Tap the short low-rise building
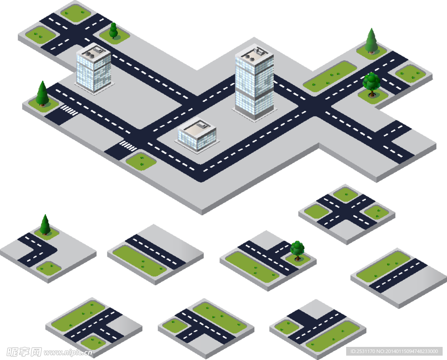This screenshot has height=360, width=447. click(197, 135)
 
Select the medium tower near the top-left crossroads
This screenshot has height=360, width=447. click(94, 70)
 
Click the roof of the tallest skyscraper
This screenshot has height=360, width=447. click(254, 55)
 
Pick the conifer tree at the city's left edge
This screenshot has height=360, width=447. click(42, 94)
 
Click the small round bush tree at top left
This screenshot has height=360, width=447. click(113, 31)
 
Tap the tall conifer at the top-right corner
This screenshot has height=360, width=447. click(371, 41)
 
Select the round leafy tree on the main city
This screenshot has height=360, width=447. click(371, 83)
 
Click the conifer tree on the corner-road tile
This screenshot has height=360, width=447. click(45, 225)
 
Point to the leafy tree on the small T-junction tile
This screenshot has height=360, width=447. click(297, 250)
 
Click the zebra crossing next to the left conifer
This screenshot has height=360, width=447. click(69, 110)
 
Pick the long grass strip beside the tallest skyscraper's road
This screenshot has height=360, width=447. click(330, 76)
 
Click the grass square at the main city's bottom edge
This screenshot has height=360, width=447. click(141, 161)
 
